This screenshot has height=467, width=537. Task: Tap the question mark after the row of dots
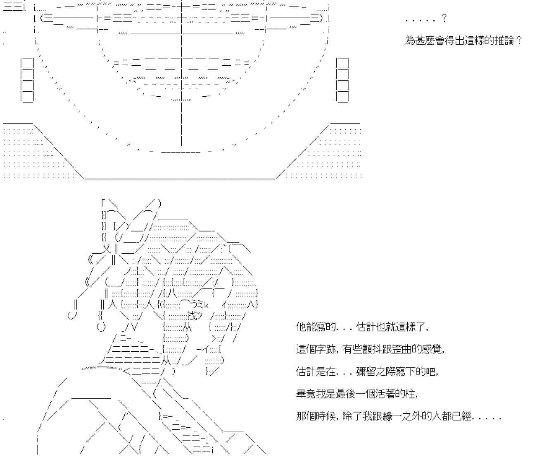click(x=444, y=18)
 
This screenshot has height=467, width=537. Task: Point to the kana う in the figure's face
click(x=195, y=305)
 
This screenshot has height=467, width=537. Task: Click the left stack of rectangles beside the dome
click(x=27, y=80)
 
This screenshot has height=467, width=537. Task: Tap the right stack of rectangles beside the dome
click(x=342, y=80)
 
